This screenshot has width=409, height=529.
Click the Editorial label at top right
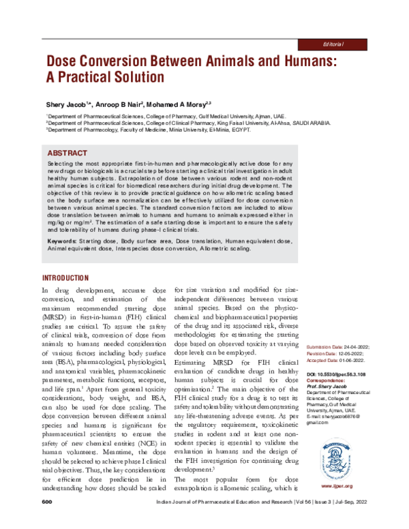tap(335, 43)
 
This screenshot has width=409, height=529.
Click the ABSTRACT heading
tap(67, 153)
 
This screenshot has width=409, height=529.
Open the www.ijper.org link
tap(335, 487)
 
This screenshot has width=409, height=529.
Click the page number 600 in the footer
tap(47, 520)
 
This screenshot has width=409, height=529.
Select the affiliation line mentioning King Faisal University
tap(189, 123)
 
